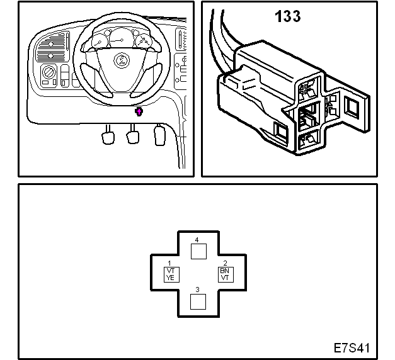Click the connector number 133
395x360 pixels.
pos(288,16)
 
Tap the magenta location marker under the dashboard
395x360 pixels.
pos(139,111)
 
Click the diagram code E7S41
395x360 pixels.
pos(352,348)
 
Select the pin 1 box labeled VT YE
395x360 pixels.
pos(171,274)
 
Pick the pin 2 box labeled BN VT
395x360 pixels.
pos(226,274)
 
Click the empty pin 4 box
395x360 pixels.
pos(198,251)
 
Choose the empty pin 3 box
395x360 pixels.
pos(198,301)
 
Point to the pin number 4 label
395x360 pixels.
pos(197,240)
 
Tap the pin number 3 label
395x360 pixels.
pos(198,290)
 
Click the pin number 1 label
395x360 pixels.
pos(169,263)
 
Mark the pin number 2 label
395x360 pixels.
pos(225,263)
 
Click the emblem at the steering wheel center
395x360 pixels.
pos(122,60)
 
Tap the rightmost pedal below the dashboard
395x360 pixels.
pos(159,135)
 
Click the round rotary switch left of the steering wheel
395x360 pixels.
pos(48,72)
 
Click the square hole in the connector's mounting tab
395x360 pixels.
pos(352,108)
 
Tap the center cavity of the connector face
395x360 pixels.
pos(309,116)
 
